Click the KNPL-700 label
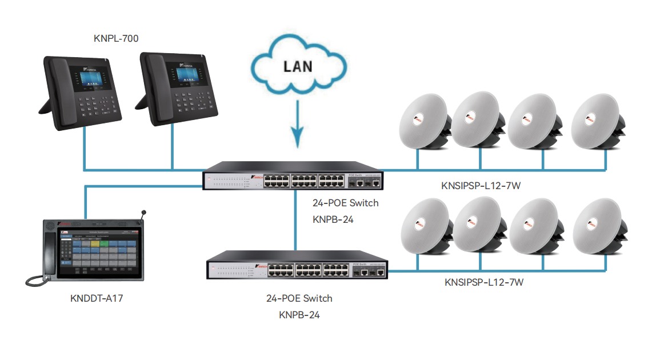tap(116, 39)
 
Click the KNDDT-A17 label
tap(96, 298)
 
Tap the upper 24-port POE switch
tap(293, 179)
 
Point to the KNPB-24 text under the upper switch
tap(333, 219)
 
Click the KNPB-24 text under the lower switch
tap(299, 314)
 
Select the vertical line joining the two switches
tap(295, 220)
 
